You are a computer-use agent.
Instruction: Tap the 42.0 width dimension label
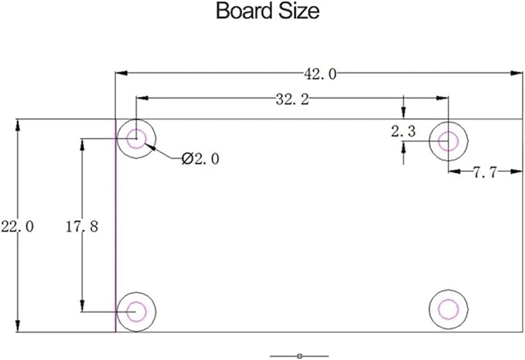coord(320,74)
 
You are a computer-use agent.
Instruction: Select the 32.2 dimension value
coord(292,100)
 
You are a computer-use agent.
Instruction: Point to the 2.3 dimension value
coord(403,131)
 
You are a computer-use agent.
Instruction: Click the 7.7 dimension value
coord(485,172)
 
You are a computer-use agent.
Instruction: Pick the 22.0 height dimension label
coord(18,227)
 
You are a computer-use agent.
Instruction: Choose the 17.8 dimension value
coord(82,227)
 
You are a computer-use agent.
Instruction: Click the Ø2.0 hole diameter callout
coord(200,158)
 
